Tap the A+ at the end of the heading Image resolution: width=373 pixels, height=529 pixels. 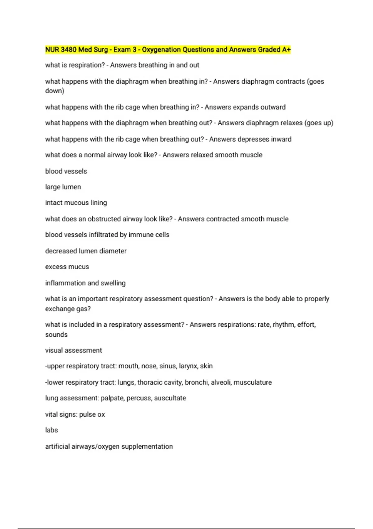(x=286, y=49)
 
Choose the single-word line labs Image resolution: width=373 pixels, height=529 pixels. (x=52, y=430)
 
